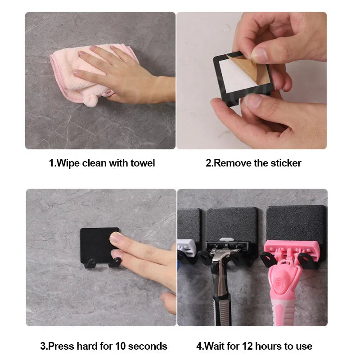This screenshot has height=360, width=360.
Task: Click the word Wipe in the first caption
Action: (66, 163)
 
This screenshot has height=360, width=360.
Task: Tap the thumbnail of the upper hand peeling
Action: (259, 55)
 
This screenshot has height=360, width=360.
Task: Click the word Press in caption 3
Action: (61, 346)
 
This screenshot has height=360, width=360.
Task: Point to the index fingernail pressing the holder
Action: (116, 238)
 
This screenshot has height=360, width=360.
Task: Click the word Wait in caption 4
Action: (216, 346)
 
